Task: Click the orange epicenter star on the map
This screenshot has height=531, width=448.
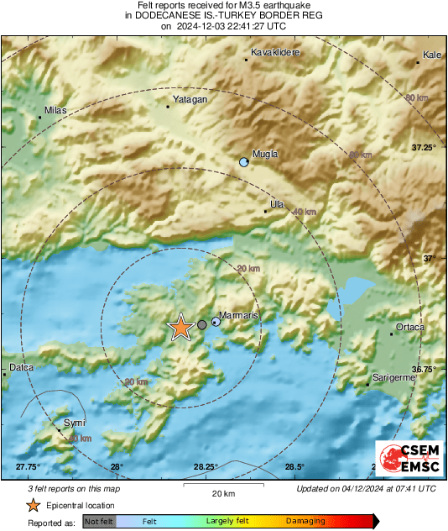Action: (180, 328)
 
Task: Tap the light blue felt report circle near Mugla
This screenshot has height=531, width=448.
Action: (244, 161)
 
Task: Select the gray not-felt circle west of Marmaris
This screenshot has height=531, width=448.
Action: (202, 324)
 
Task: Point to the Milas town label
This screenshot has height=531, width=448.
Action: (55, 110)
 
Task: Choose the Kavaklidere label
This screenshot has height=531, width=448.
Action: (276, 52)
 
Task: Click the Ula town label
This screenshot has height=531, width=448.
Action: (277, 203)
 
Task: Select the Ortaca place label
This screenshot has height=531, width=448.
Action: (410, 327)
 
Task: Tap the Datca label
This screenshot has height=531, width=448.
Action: (20, 367)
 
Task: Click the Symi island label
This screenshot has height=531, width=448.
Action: (74, 423)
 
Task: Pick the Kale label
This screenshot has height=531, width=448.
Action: (432, 55)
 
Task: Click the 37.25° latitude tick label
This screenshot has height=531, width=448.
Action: (425, 147)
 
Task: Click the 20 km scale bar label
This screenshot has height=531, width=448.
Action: (222, 492)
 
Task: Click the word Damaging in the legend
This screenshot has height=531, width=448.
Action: (305, 521)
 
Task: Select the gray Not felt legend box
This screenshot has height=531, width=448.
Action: (101, 522)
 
